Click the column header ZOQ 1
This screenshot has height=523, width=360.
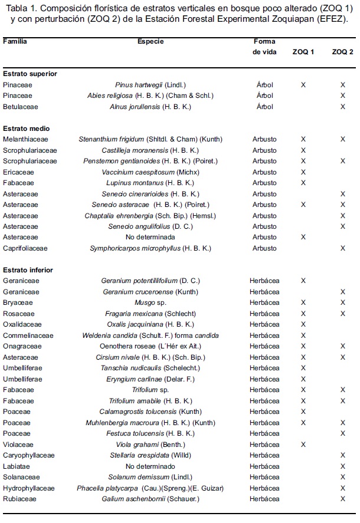click(x=303, y=52)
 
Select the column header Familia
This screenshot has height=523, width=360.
click(x=15, y=42)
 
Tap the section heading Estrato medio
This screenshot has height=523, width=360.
click(x=27, y=129)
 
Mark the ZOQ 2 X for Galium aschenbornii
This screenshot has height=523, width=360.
click(x=342, y=499)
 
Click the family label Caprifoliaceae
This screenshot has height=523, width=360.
click(x=25, y=248)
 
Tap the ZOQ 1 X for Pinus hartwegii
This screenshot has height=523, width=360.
click(x=303, y=85)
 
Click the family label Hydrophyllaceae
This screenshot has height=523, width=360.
click(x=28, y=488)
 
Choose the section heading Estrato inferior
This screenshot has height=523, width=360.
click(x=28, y=270)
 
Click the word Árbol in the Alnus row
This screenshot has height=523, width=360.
click(x=264, y=107)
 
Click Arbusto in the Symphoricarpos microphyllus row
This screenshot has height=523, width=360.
click(x=264, y=248)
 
